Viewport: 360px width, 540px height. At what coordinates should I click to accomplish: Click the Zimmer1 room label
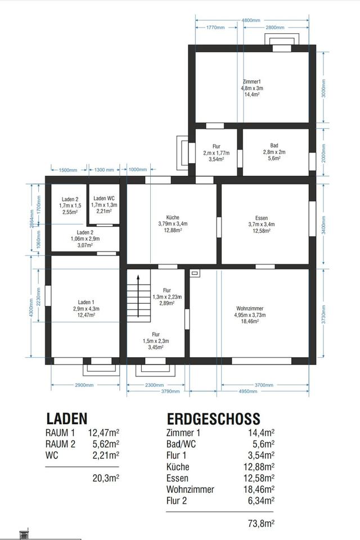point(251,82)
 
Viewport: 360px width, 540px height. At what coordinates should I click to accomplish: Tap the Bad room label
point(274,145)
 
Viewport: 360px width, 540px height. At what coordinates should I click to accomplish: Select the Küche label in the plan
point(173,217)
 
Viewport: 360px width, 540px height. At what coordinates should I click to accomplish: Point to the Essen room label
point(262,218)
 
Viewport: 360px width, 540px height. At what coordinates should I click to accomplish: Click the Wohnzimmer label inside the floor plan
point(250,308)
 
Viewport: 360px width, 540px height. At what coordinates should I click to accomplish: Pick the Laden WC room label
point(104,199)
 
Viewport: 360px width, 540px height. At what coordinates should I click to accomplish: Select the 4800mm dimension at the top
point(251,20)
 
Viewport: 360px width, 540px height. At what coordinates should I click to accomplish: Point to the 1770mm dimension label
point(215,28)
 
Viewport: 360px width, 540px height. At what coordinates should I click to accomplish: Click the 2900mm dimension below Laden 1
point(84,385)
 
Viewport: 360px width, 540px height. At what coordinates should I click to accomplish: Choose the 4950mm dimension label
point(248,391)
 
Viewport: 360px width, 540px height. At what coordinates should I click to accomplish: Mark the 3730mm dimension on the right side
point(323,314)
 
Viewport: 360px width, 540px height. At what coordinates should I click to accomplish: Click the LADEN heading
point(67,418)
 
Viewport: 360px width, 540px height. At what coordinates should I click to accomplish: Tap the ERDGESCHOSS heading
point(213,418)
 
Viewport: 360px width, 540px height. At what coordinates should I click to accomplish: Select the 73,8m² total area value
point(261,524)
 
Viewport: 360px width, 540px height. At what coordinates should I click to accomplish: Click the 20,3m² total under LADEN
point(106,478)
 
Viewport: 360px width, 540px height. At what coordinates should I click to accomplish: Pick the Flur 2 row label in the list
point(177,501)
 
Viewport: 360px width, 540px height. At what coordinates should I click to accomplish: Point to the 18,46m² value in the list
point(259,489)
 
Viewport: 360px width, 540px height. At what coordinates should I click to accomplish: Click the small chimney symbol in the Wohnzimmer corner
point(195,273)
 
